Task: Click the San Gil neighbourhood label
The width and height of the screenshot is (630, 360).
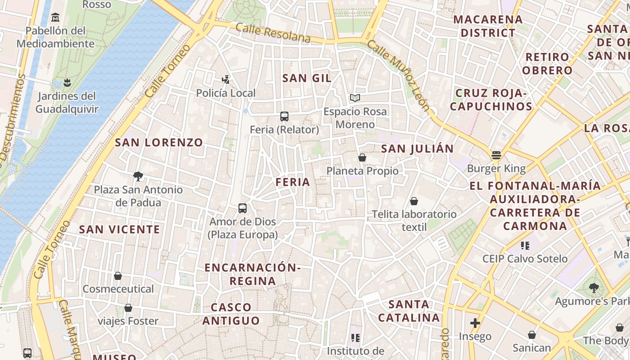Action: pyautogui.click(x=307, y=78)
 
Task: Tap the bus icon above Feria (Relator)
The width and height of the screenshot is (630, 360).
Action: pyautogui.click(x=284, y=117)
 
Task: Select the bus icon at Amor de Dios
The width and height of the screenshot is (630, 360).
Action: pyautogui.click(x=243, y=208)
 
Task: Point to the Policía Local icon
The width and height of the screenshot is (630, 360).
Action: pyautogui.click(x=226, y=80)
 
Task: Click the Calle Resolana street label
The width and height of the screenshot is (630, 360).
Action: pyautogui.click(x=273, y=33)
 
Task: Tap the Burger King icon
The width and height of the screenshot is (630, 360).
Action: pyautogui.click(x=496, y=155)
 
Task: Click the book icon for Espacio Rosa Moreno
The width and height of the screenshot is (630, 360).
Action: pyautogui.click(x=355, y=98)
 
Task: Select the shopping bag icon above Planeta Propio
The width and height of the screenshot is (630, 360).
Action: pyautogui.click(x=362, y=157)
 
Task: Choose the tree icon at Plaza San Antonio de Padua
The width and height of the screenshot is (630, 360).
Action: pyautogui.click(x=138, y=176)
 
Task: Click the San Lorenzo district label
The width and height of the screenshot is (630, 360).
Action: pyautogui.click(x=159, y=143)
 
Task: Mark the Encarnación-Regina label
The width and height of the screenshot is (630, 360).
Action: pyautogui.click(x=252, y=274)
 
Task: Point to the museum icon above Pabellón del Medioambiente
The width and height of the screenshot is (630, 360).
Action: pyautogui.click(x=55, y=18)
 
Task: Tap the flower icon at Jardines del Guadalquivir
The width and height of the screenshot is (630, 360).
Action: pyautogui.click(x=67, y=83)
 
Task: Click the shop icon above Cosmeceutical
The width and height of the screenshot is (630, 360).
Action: pyautogui.click(x=118, y=276)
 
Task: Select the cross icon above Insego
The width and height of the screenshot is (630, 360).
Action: pyautogui.click(x=475, y=323)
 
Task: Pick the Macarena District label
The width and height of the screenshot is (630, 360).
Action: pyautogui.click(x=488, y=26)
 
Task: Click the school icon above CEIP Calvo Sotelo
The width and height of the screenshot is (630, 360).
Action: pyautogui.click(x=525, y=246)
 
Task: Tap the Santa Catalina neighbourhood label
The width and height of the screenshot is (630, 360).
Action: pyautogui.click(x=409, y=311)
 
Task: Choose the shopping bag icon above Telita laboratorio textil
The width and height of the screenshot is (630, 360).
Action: pyautogui.click(x=414, y=201)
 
